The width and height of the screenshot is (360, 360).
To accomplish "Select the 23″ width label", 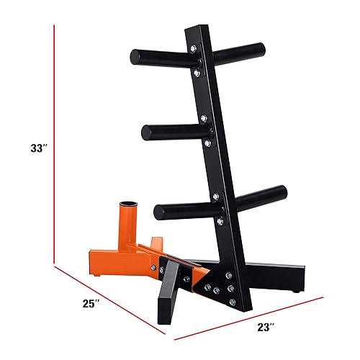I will (x=266, y=327).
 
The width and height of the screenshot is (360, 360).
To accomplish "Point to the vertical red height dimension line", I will (x=55, y=144).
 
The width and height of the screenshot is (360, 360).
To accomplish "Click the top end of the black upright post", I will (x=197, y=32).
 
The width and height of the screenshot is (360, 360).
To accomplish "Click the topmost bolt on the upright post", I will (x=193, y=48).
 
